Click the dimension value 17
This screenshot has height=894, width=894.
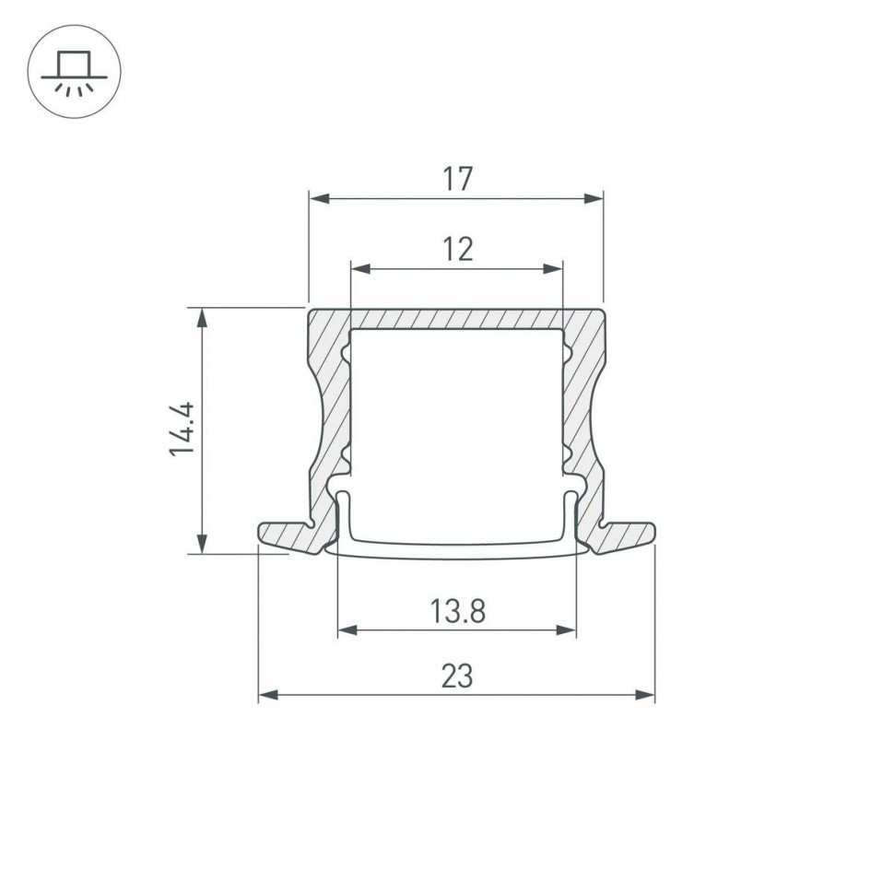[x=456, y=179]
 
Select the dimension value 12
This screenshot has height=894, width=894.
[x=456, y=249]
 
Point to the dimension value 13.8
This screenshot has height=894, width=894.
[x=456, y=610]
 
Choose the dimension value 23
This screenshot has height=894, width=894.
[x=456, y=676]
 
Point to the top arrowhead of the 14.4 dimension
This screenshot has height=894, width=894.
[x=202, y=316]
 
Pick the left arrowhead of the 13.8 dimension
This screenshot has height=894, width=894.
[x=347, y=630]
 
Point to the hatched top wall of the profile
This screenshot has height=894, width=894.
[x=456, y=318]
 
